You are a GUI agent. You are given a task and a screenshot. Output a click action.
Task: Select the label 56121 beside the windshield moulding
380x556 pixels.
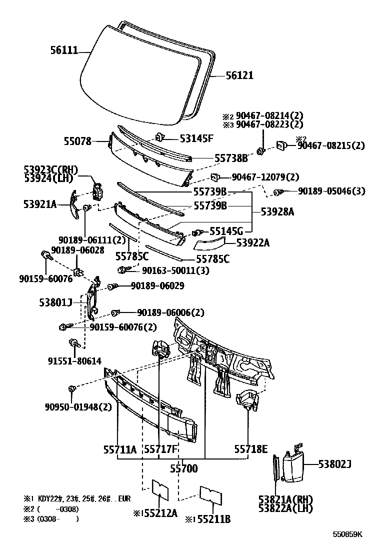239,75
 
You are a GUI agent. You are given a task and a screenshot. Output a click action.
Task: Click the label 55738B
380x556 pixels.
231,158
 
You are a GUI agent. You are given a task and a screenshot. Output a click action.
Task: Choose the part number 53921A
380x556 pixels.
40,203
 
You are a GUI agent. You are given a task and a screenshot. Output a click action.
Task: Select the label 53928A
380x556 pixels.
276,212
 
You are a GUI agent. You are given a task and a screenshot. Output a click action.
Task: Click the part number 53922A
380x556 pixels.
252,243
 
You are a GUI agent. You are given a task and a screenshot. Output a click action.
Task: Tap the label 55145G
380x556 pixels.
226,231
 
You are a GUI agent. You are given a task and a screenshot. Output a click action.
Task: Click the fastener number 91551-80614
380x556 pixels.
74,360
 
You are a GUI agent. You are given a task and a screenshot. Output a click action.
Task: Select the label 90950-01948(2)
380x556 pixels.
76,406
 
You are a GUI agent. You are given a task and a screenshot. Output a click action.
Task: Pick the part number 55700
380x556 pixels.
183,469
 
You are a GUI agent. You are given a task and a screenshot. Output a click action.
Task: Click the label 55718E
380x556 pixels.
251,449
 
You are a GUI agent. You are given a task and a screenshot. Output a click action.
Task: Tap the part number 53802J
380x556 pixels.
335,464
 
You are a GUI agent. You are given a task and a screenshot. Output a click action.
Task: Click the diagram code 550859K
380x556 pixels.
348,534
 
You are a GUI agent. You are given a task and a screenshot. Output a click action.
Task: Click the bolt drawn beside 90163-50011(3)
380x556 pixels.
123,270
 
